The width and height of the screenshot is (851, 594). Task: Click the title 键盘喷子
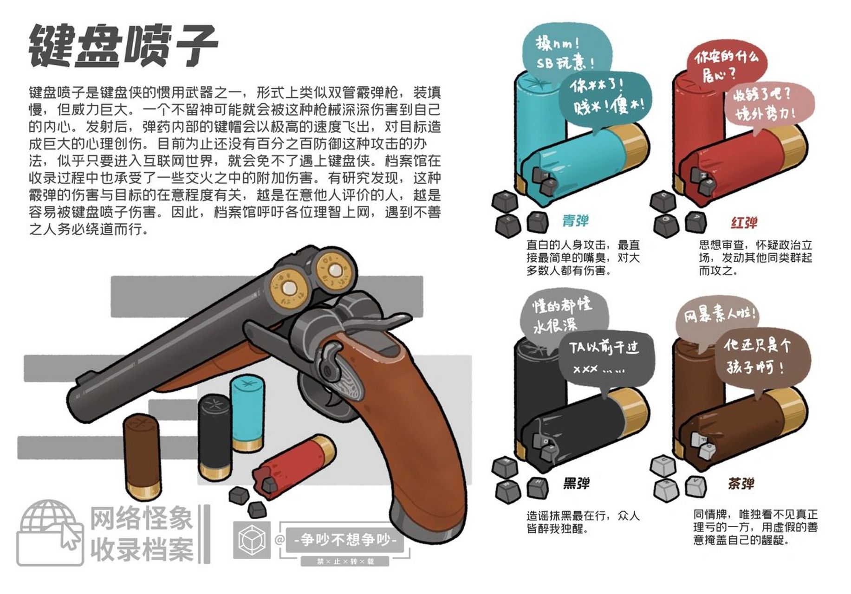123,45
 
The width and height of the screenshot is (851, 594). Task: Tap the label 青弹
575,221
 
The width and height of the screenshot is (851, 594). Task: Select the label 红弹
744,223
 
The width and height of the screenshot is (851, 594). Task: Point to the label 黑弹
576,484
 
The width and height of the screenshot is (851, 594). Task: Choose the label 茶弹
741,484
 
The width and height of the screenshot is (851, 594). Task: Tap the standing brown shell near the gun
142,455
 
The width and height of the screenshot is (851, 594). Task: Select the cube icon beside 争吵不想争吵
252,540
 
